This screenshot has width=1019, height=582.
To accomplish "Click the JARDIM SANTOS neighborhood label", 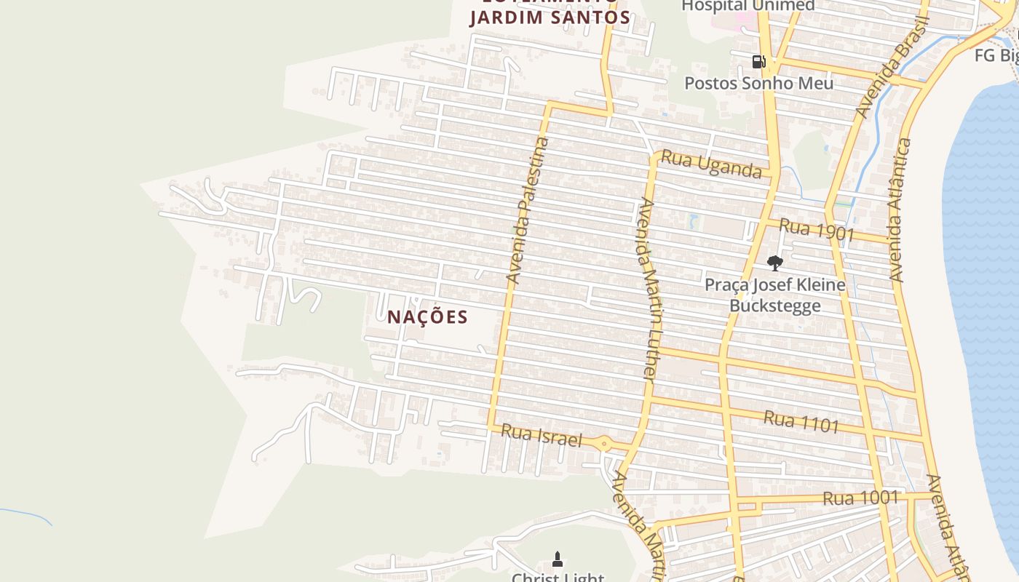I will coord(550,17).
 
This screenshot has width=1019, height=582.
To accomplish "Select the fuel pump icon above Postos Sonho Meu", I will coord(758,62).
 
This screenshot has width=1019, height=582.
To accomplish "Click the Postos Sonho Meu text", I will coord(758,83).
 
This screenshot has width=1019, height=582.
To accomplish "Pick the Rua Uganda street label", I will coord(710,165).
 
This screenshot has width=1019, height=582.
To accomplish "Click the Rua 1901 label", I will coord(815,229).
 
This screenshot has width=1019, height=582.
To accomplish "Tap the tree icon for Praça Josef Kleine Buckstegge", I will coord(775,263).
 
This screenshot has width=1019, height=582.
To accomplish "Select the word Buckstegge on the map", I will coord(775,305).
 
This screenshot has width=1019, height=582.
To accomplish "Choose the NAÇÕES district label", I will coord(427,317).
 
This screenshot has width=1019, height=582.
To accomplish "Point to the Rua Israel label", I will coord(542,435).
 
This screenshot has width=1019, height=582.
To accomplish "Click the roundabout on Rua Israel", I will coord(603,442).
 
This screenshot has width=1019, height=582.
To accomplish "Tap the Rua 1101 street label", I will coord(801,421).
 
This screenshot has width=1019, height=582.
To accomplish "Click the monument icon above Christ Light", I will coord(558,559).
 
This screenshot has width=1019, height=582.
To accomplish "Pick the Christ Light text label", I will coord(558,577).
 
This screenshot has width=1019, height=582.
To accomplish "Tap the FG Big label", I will coord(997,55).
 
